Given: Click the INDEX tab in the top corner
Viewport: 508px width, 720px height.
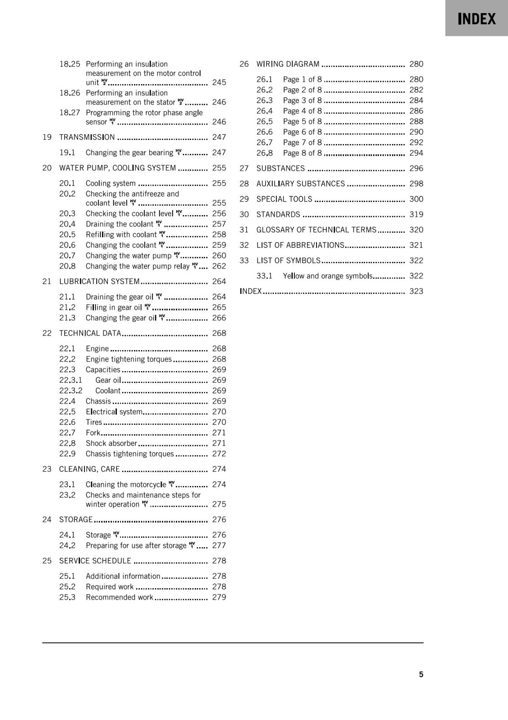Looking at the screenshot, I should (477, 18).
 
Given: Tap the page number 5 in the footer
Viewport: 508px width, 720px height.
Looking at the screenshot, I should (421, 674).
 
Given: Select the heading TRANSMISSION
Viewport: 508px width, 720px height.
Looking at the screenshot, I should (87, 137).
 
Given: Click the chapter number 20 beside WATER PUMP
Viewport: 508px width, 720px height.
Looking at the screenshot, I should (47, 168).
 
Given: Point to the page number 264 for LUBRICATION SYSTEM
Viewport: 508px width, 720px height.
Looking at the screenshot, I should (219, 282).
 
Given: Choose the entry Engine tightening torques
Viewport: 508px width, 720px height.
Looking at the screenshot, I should (129, 359).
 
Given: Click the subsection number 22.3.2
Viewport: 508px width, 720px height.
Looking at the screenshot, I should (71, 391).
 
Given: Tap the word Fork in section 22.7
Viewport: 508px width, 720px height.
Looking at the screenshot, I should (93, 433).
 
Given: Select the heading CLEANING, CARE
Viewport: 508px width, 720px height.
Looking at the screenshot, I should (89, 469).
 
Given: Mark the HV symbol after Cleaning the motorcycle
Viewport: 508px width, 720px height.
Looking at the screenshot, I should (171, 484).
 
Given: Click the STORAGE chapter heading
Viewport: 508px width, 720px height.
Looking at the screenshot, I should (76, 520).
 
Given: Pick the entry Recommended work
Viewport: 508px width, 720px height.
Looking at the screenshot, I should (119, 598).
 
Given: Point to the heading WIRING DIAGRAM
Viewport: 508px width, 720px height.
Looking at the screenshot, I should (288, 64).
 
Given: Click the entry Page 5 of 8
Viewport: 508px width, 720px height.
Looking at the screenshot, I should (302, 121).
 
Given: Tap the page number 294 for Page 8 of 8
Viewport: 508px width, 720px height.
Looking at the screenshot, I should (416, 153).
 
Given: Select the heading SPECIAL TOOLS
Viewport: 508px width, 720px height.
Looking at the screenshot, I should (284, 199).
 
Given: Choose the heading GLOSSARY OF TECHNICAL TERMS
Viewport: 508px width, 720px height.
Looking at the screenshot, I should (316, 230).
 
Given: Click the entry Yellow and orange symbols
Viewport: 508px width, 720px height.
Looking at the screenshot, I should (327, 276).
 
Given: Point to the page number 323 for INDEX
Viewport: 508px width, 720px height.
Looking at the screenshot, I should (416, 291).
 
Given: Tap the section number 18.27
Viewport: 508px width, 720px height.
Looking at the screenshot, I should (70, 112).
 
